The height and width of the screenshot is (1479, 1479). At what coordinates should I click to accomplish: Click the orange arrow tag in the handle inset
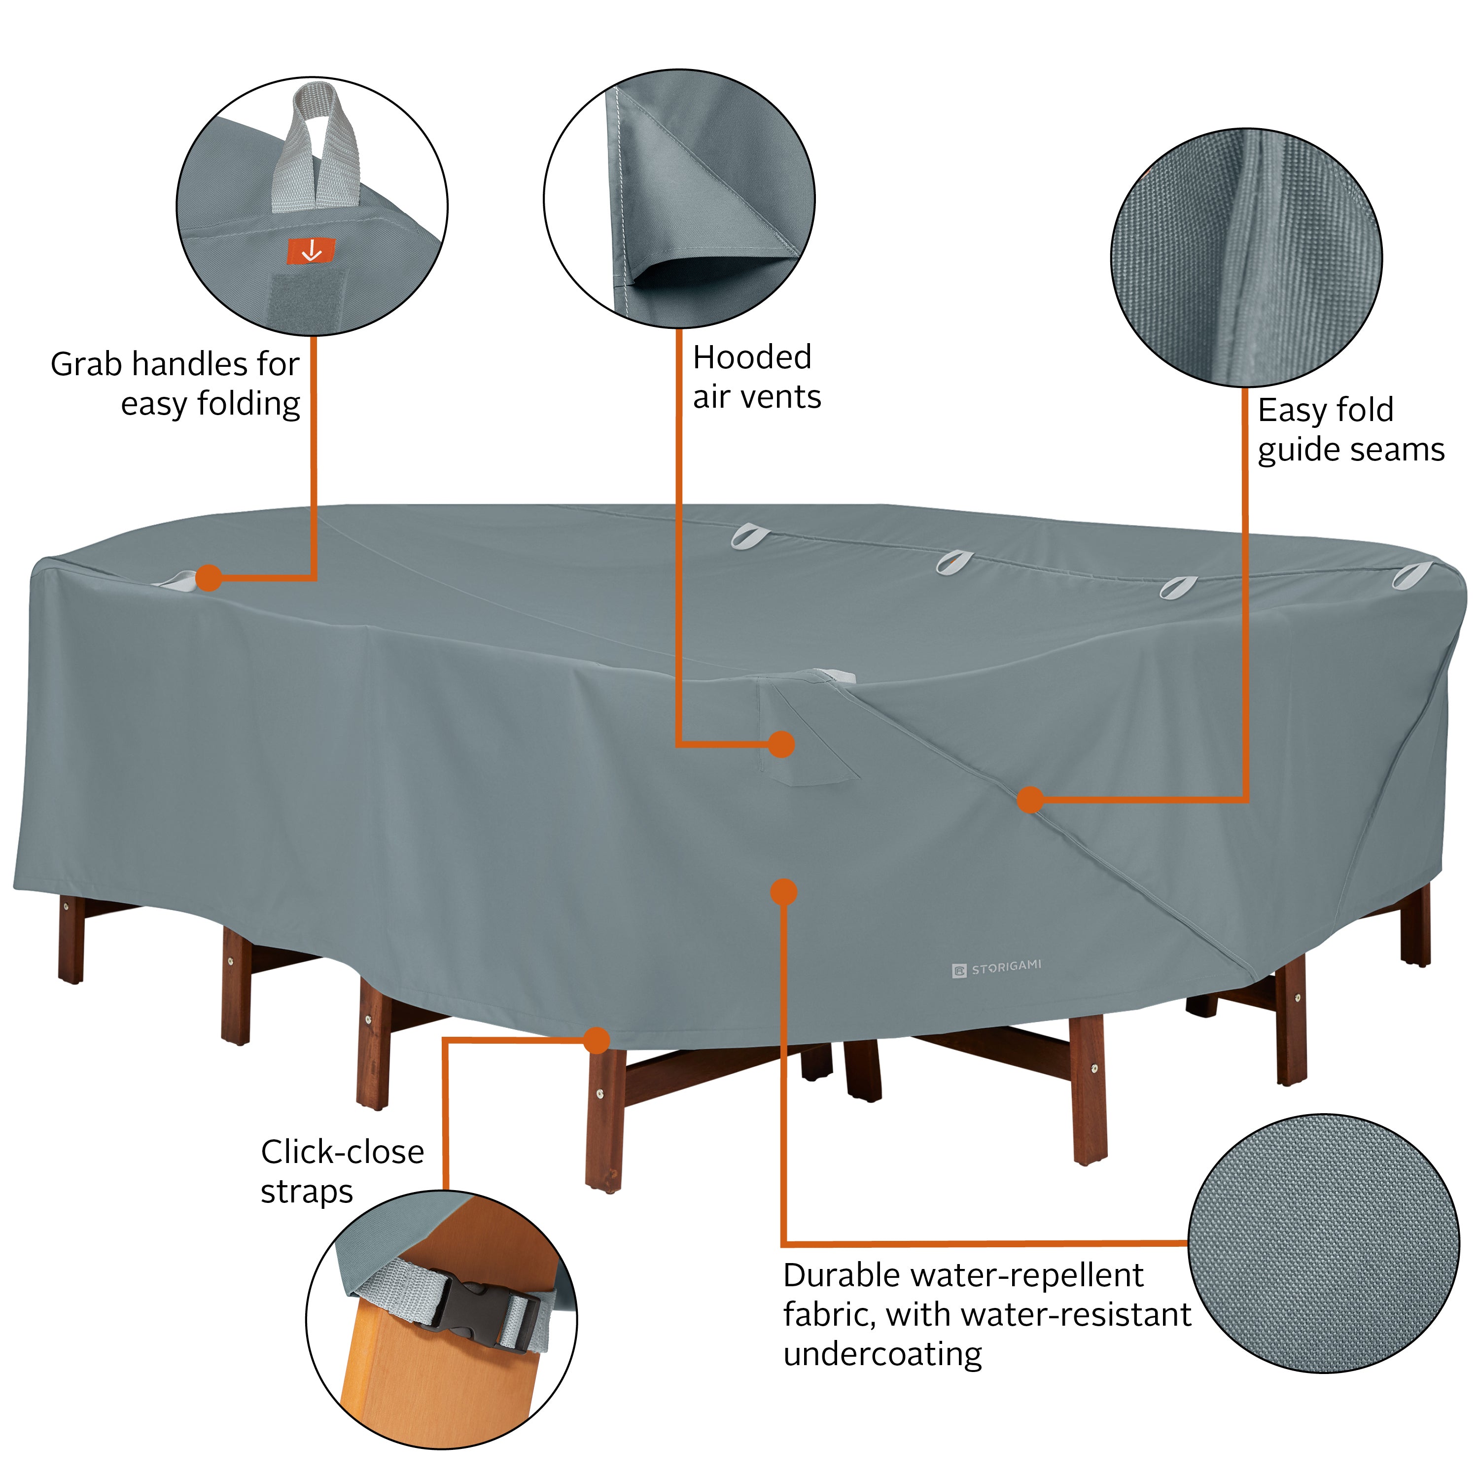pyautogui.click(x=311, y=250)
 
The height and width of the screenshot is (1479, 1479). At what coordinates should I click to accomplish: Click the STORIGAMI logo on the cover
pyautogui.click(x=997, y=968)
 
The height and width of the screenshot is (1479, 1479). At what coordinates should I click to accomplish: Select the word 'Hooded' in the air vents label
pyautogui.click(x=752, y=357)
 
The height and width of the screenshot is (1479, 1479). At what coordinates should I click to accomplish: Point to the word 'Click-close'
pyautogui.click(x=342, y=1152)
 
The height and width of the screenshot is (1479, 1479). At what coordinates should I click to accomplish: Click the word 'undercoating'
pyautogui.click(x=882, y=1354)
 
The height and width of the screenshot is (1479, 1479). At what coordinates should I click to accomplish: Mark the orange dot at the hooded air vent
pyautogui.click(x=781, y=744)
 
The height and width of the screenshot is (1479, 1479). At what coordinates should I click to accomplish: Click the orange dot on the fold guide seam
pyautogui.click(x=1030, y=800)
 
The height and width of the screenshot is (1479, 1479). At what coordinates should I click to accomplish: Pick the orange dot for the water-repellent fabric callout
pyautogui.click(x=784, y=892)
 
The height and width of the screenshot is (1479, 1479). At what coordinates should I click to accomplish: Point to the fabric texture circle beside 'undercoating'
pyautogui.click(x=1323, y=1243)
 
